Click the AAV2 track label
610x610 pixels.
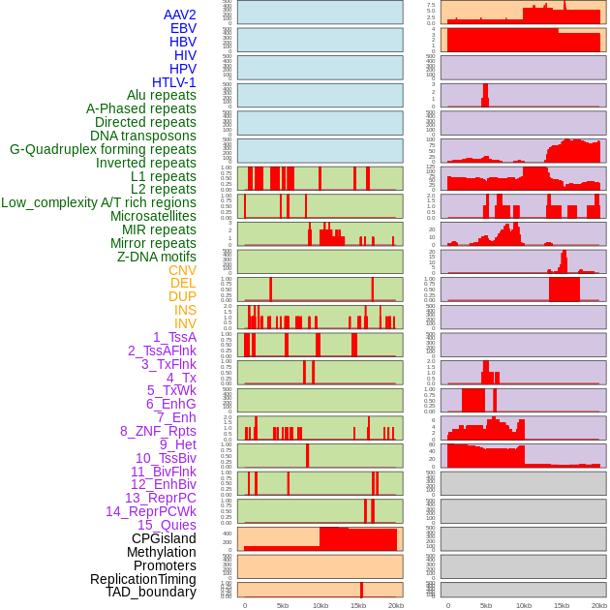(179, 15)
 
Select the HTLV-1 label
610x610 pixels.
(173, 82)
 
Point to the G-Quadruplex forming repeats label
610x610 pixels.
(103, 149)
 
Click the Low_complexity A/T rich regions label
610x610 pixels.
(99, 202)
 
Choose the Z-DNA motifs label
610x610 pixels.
(156, 257)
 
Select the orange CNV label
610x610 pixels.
(182, 270)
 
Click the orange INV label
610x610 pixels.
(185, 323)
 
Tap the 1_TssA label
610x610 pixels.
(174, 337)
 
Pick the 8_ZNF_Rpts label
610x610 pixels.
(158, 431)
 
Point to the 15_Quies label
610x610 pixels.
(166, 525)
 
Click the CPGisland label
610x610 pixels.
(164, 538)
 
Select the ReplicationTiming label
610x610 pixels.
(143, 579)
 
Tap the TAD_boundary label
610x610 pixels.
(151, 592)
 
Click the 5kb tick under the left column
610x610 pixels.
(283, 605)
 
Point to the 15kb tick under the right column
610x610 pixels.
(562, 605)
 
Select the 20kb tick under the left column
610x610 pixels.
(396, 605)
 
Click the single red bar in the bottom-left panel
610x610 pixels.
(362, 590)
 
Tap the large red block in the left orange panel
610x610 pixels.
(358, 539)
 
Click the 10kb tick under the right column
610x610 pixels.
(524, 605)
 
